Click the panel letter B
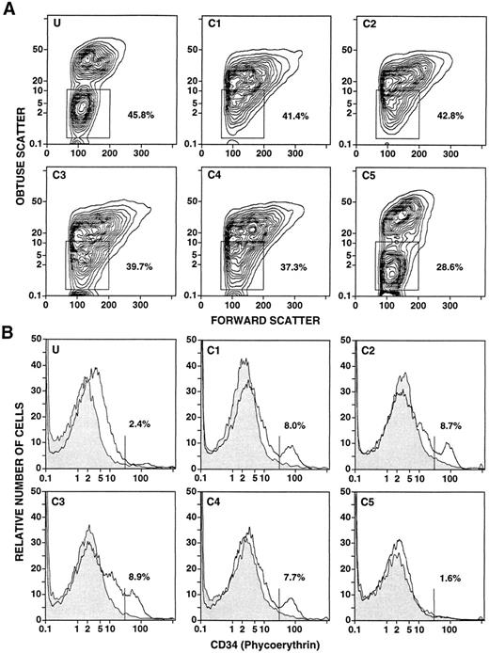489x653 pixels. [x=8, y=332]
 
